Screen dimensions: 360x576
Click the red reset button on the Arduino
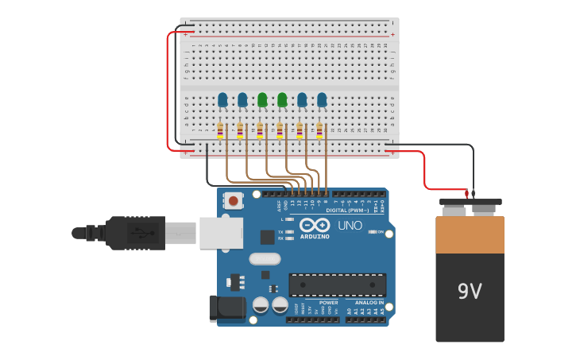(x=233, y=201)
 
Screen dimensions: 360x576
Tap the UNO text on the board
(x=350, y=226)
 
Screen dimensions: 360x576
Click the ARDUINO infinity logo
(x=315, y=226)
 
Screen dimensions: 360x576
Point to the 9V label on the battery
(x=470, y=292)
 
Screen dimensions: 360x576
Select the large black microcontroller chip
(x=337, y=285)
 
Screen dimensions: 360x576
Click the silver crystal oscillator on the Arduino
(x=265, y=258)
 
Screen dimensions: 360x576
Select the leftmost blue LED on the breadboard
(x=222, y=99)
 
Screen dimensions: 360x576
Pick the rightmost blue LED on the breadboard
(x=322, y=99)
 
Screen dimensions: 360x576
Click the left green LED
(x=262, y=99)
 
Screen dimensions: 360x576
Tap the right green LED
(x=282, y=99)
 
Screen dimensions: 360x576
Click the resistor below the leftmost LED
(x=220, y=130)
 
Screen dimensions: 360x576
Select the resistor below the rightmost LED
(x=319, y=130)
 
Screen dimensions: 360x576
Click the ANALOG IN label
(x=369, y=303)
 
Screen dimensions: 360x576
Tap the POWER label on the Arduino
(x=328, y=303)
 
